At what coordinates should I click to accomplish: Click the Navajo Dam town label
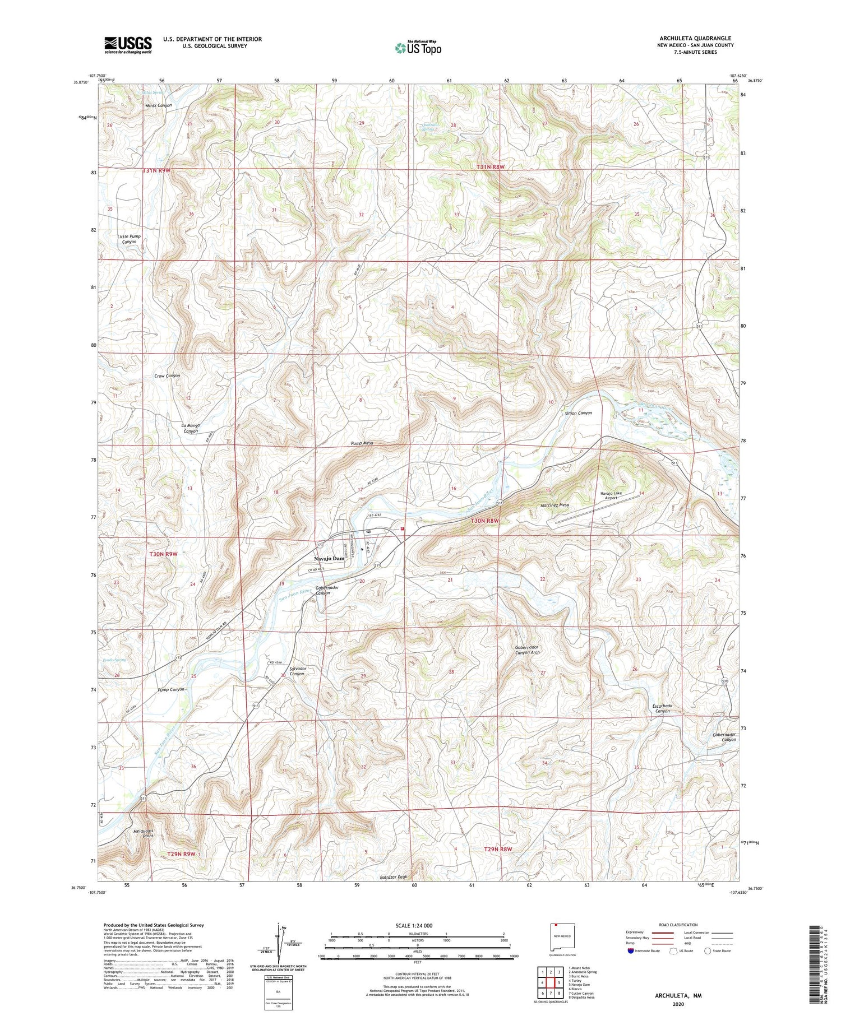[x=329, y=559]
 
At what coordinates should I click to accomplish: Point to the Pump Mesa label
[x=362, y=443]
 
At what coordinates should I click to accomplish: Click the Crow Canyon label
[x=167, y=375]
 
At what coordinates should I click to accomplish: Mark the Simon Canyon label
[x=578, y=413]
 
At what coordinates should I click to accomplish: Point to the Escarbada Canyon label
[x=663, y=708]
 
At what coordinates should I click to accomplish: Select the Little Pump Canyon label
[x=129, y=239]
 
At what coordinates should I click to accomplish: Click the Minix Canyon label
[x=159, y=105]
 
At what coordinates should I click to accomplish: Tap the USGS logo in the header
[x=127, y=45]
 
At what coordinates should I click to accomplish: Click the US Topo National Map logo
[x=418, y=48]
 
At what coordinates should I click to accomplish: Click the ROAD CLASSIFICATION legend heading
[x=678, y=925]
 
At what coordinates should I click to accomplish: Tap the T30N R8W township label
[x=485, y=521]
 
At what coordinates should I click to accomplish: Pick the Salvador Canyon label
[x=297, y=671]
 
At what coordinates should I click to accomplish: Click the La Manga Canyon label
[x=191, y=429]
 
